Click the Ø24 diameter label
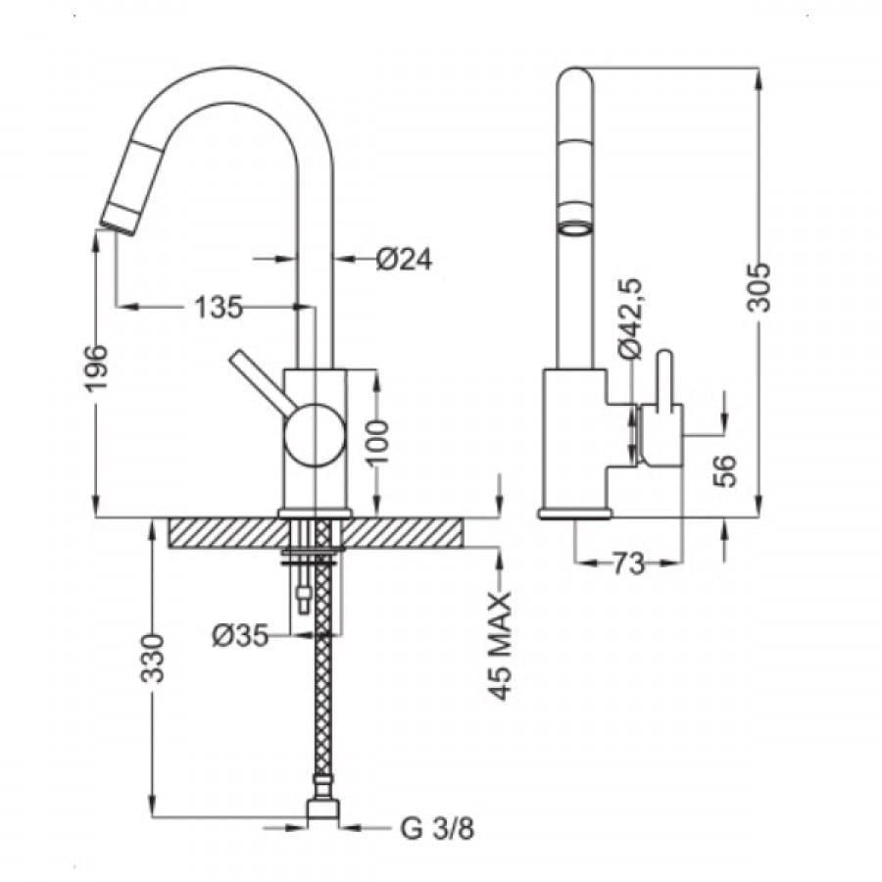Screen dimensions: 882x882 pyautogui.click(x=404, y=260)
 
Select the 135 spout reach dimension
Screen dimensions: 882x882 pyautogui.click(x=219, y=307)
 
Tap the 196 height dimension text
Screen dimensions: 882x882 pyautogui.click(x=94, y=367)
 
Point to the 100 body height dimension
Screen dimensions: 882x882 pyautogui.click(x=377, y=442)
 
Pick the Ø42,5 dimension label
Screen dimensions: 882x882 pyautogui.click(x=629, y=318)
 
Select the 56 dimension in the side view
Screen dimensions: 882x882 pyautogui.click(x=724, y=470)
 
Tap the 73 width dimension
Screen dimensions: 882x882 pyautogui.click(x=628, y=563)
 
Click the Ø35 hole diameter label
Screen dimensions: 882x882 pyautogui.click(x=240, y=636)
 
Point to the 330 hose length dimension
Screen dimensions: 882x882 pyautogui.click(x=152, y=659)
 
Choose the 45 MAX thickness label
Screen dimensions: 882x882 pyautogui.click(x=500, y=646)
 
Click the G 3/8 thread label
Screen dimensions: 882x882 pyautogui.click(x=437, y=828)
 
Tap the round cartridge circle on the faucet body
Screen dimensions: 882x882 pyautogui.click(x=315, y=436)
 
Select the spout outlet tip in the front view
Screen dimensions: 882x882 pyautogui.click(x=119, y=223)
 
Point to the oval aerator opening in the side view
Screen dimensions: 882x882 pyautogui.click(x=575, y=228)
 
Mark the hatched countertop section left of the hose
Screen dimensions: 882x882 pyautogui.click(x=227, y=532)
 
